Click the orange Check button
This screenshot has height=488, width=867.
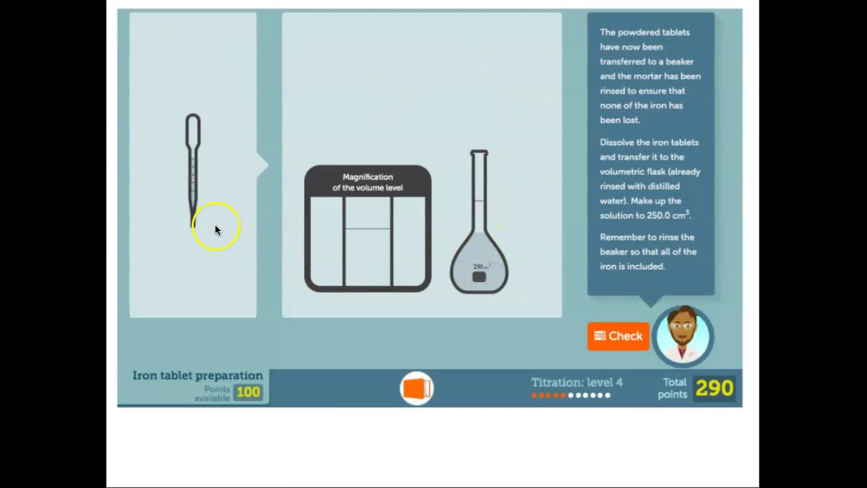point(618,336)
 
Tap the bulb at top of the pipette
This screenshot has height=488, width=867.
point(193,129)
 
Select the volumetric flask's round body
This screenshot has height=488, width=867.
point(479,264)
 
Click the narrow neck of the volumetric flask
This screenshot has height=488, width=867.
point(479,190)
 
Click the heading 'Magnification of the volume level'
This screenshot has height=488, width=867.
point(368,182)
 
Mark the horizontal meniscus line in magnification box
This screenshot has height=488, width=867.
point(368,229)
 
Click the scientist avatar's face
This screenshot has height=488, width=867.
point(683,333)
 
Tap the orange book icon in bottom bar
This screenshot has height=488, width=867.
point(417,388)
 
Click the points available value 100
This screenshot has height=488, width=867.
point(249,392)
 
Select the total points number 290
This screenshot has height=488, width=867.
point(714,388)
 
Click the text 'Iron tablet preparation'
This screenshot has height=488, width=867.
point(197,375)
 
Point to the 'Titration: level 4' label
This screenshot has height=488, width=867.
point(576,382)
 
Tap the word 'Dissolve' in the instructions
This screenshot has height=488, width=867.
point(617,142)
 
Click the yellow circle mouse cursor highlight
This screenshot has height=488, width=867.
point(216,227)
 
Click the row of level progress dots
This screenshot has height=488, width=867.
point(570,395)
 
